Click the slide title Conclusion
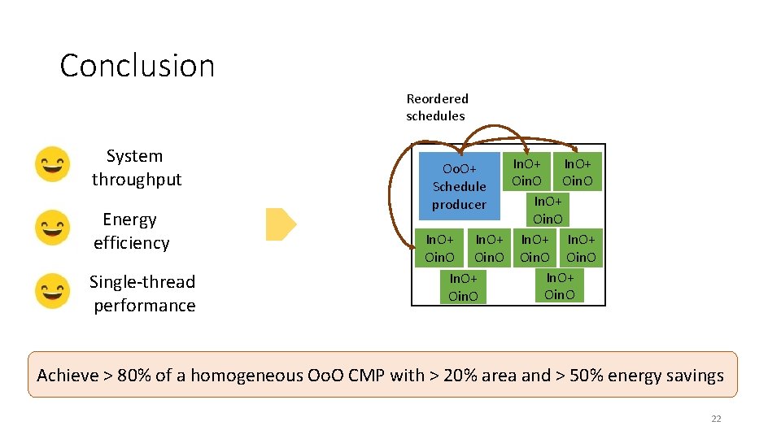tap(137, 66)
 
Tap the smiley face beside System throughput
tap(52, 165)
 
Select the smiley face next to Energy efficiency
tap(52, 228)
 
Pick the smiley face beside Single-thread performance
tap(52, 291)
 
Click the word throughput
tap(137, 180)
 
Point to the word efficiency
tap(132, 243)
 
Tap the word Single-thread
tap(142, 282)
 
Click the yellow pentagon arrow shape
tap(281, 224)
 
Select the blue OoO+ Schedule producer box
tap(459, 186)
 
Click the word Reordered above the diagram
tap(438, 99)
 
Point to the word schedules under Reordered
tap(435, 115)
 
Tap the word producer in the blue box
tap(459, 205)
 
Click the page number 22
tap(716, 419)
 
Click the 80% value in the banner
tap(134, 376)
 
